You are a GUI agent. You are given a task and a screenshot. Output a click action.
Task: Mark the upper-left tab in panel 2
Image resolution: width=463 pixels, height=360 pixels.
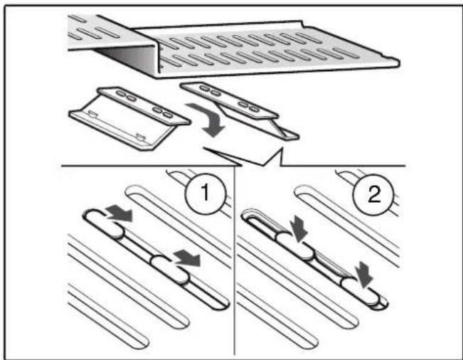point(295,248)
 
